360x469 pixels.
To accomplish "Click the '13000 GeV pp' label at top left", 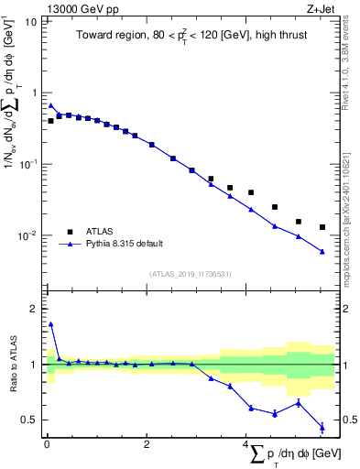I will point(75,8).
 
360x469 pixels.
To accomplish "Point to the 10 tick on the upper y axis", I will point(31,21).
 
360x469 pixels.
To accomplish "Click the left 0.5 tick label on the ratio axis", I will point(29,420).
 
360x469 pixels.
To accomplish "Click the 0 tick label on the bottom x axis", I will point(47,444).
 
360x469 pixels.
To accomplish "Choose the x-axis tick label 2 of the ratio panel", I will point(147,444).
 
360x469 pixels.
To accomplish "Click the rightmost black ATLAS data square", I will point(322,227).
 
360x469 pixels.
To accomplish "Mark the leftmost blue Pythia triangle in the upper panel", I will point(51,105).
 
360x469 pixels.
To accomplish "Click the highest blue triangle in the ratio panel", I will point(51,323).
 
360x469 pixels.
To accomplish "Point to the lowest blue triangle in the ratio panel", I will point(322,427).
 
